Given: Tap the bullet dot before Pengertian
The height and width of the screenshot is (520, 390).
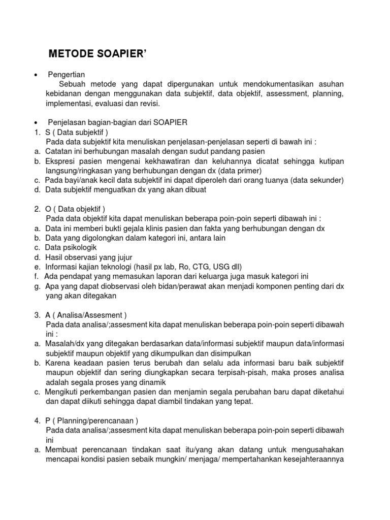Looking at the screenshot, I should [x=36, y=75].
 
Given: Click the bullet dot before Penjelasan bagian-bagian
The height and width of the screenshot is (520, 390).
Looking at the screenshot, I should [x=36, y=123].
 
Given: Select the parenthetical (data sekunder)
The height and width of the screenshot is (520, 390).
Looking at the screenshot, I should [x=313, y=180].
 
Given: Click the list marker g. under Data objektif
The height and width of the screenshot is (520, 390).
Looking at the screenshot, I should [x=38, y=286].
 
